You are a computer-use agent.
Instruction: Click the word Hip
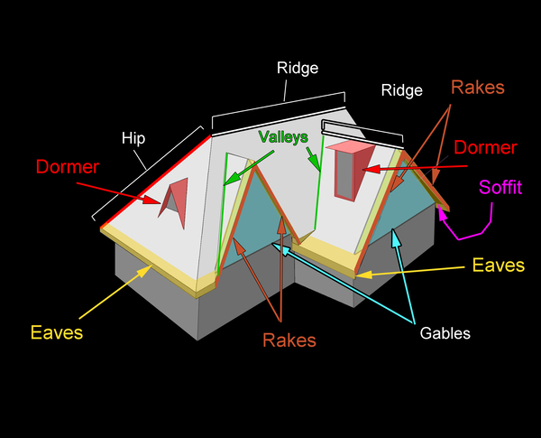(134, 138)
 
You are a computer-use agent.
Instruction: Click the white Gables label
(445, 333)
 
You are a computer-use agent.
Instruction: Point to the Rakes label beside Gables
(289, 340)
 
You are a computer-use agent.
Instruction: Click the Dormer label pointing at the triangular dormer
(68, 167)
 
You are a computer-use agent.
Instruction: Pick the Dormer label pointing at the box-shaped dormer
(485, 147)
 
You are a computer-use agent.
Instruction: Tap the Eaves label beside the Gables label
(497, 266)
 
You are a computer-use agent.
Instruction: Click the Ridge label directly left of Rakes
(401, 90)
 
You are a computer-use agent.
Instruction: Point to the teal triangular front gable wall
(261, 226)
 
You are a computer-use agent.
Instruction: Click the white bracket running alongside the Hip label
(149, 172)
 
